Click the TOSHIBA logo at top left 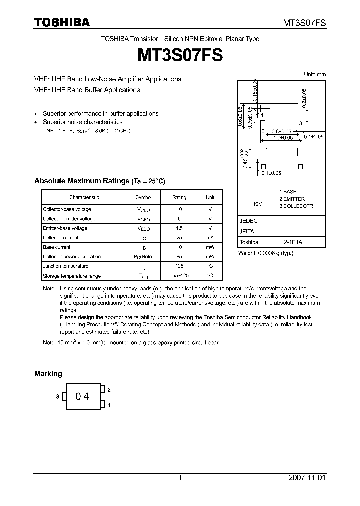62,22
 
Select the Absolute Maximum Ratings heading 99,181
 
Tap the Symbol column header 143,197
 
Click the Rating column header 179,197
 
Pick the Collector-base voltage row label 67,209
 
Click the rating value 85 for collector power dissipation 179,257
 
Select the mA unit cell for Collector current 210,238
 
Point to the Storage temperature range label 72,276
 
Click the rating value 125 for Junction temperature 179,266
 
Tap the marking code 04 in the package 82,396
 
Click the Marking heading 48,374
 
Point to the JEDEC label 248,220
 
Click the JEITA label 247,231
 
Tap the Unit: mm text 315,74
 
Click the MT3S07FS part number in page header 305,23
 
